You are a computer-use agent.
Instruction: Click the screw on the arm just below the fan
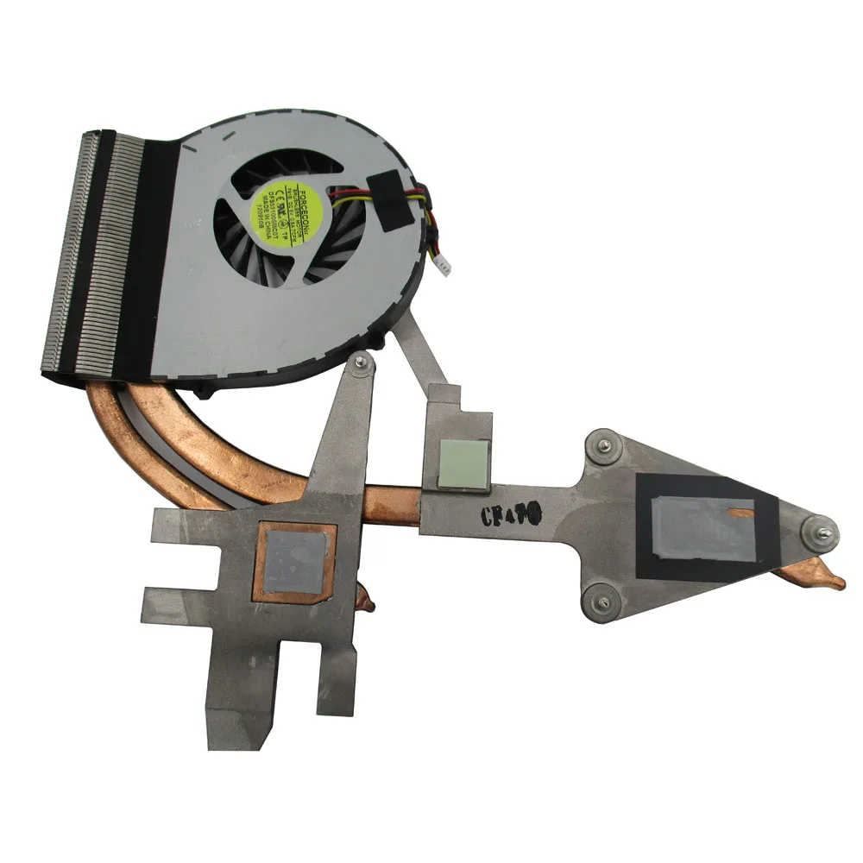click(362, 366)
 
